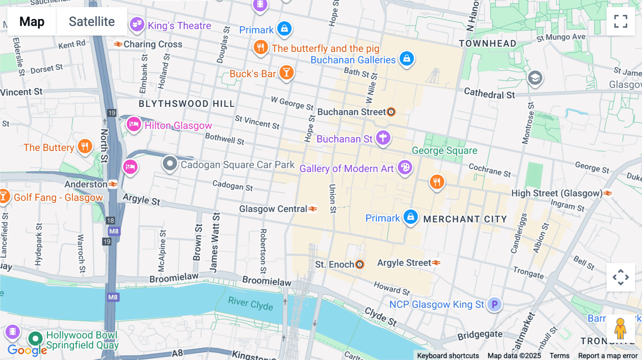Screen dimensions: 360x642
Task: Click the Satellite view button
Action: tap(92, 21)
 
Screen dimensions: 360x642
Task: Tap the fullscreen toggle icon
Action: tap(621, 21)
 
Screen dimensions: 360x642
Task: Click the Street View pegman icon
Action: tap(620, 328)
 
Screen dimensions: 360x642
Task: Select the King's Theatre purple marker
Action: tap(137, 25)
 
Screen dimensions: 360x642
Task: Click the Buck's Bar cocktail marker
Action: tap(286, 72)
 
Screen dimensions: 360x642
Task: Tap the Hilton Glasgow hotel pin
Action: tap(134, 124)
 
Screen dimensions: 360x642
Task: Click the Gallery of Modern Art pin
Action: tap(405, 167)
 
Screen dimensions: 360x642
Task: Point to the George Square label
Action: tap(444, 150)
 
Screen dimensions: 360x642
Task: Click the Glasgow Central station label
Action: tap(273, 209)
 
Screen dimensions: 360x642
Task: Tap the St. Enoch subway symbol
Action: tap(360, 264)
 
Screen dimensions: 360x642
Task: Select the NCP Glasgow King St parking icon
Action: tap(494, 304)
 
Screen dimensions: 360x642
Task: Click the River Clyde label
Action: tap(250, 303)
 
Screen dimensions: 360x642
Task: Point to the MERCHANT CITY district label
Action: tap(465, 219)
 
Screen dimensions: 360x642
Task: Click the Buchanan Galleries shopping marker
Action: tap(407, 58)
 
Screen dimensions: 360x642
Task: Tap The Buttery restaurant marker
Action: tap(85, 146)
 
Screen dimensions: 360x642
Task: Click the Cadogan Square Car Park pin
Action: tap(170, 164)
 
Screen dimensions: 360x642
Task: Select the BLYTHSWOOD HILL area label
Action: tap(187, 104)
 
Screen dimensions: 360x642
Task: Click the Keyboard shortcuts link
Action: tap(448, 356)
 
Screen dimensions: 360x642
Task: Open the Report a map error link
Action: tap(608, 356)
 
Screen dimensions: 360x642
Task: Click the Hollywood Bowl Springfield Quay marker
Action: tap(35, 338)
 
